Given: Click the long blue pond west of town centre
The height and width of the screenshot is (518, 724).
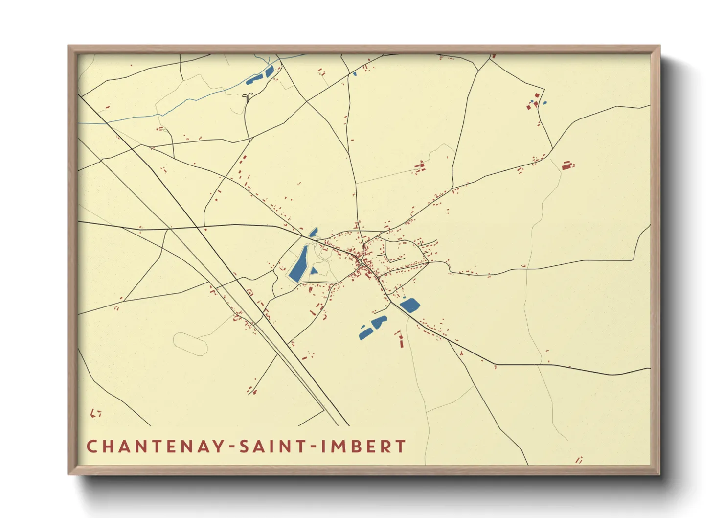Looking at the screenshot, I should [x=298, y=264].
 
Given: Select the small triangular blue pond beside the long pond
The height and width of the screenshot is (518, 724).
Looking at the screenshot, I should [x=314, y=271].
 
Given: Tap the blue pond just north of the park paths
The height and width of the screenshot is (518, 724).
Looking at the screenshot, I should [x=313, y=232].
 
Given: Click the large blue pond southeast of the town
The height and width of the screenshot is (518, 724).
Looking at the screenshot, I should [x=410, y=305].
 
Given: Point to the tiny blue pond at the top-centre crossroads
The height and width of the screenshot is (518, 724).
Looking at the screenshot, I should [x=354, y=74].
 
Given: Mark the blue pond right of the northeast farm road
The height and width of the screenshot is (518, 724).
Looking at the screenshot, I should [x=544, y=103].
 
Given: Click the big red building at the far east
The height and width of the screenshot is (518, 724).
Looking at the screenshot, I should [x=566, y=165].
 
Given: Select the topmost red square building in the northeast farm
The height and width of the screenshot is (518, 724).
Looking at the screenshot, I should [x=537, y=95].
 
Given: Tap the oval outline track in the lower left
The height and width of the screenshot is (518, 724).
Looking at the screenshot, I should [x=190, y=343].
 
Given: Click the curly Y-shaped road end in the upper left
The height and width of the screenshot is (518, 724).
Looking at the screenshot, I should [x=248, y=96].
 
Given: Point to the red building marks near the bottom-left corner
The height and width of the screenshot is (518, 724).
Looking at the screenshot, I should [x=96, y=413].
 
